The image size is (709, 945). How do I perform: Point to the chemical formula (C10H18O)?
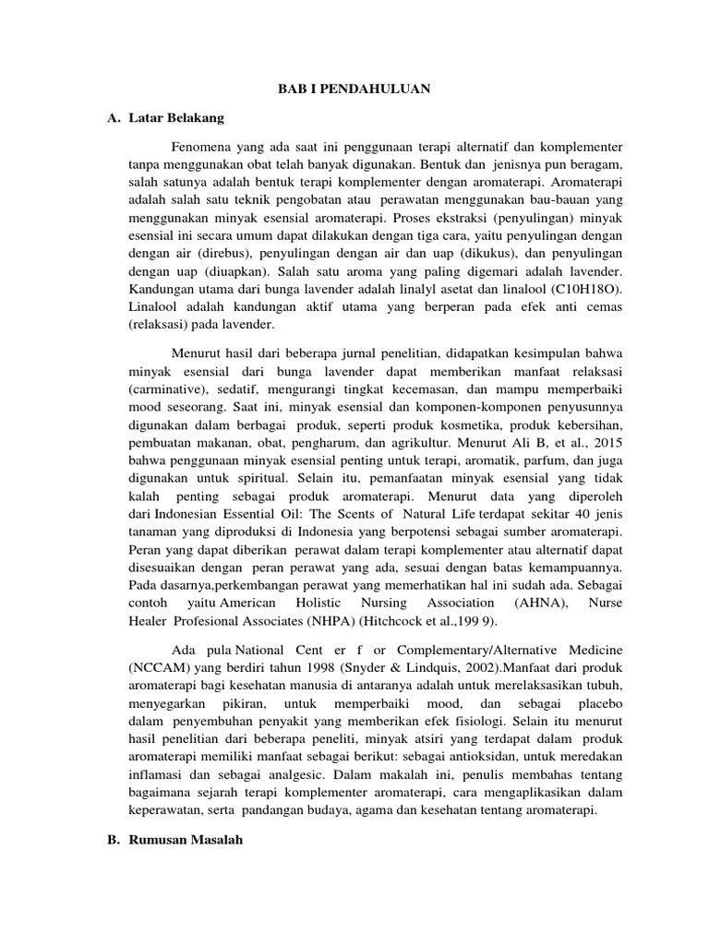[x=588, y=288]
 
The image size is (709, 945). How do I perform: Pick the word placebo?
[x=598, y=726]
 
